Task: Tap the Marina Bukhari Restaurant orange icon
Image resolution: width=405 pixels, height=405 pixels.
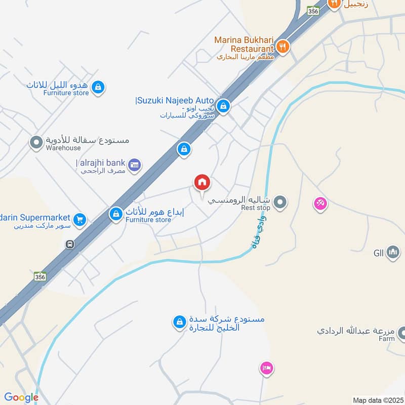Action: click(x=282, y=47)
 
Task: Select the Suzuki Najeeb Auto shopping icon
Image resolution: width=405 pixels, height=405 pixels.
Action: click(x=224, y=106)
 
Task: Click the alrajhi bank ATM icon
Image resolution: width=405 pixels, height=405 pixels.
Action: click(x=134, y=164)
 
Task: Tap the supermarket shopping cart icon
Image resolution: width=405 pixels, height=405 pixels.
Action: click(x=79, y=219)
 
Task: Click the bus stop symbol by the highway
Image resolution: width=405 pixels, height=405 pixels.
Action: click(x=69, y=244)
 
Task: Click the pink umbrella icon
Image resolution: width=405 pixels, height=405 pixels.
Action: click(x=320, y=204)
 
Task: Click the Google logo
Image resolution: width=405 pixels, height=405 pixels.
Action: click(x=21, y=397)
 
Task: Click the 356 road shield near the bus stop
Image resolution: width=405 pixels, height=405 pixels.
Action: click(x=40, y=276)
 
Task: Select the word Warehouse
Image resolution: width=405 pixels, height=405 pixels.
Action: click(x=63, y=148)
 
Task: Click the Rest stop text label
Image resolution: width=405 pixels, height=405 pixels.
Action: click(x=256, y=208)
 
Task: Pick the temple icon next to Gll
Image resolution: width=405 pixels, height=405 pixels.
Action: click(x=393, y=252)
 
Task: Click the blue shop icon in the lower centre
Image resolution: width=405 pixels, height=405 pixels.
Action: click(x=179, y=321)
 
